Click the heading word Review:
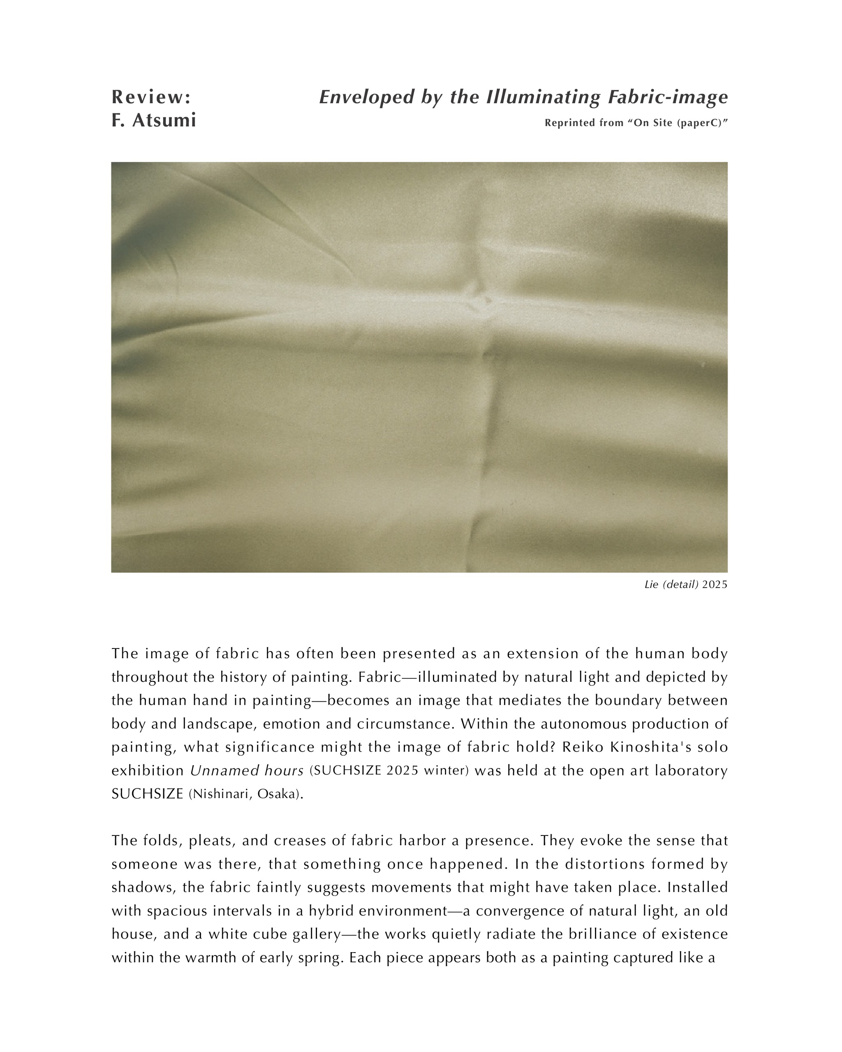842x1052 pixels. point(151,97)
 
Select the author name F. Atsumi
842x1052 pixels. point(154,120)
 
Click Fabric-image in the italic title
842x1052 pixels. point(668,97)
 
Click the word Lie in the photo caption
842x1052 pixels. point(652,584)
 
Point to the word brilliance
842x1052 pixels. point(603,934)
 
